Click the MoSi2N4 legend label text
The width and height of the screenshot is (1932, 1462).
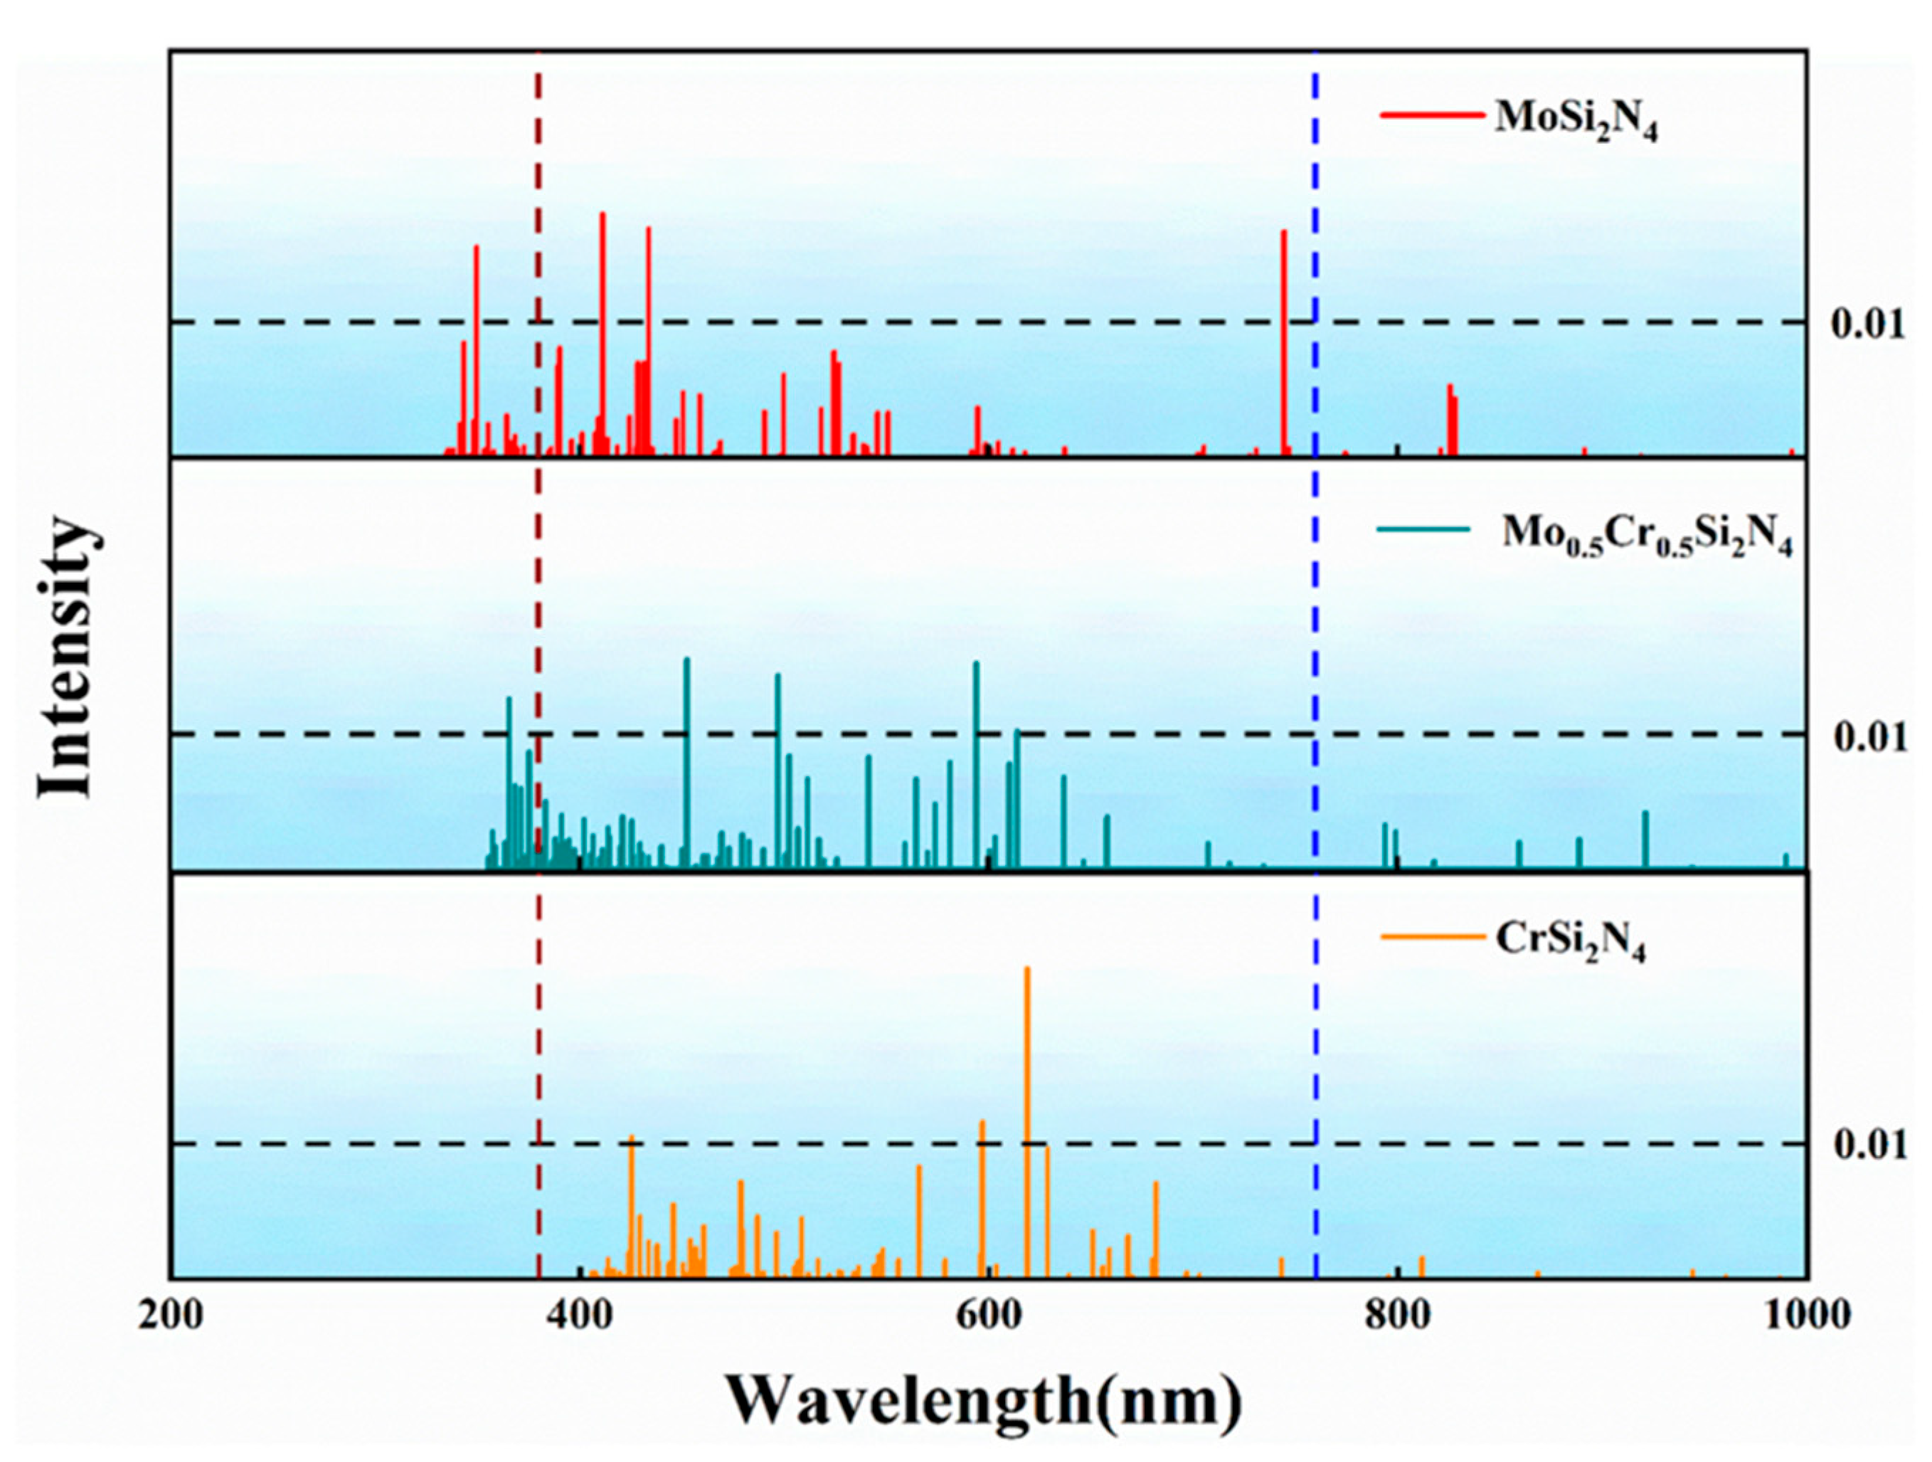pos(1576,122)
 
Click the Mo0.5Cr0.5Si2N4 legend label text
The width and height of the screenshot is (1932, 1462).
pos(1646,534)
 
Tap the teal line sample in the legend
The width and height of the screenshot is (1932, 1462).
pos(1423,529)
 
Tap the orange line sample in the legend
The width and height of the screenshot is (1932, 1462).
pos(1433,937)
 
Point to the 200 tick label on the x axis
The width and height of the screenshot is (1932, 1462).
pos(170,1315)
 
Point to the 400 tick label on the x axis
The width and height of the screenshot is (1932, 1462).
pos(580,1315)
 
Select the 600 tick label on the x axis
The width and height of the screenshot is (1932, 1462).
pos(988,1315)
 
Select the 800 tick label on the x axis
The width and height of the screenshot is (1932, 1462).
pos(1398,1315)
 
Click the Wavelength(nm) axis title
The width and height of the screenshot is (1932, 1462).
pos(984,1401)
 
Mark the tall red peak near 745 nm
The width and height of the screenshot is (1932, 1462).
pos(1284,341)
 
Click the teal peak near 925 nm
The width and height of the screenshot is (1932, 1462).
pos(1645,838)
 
